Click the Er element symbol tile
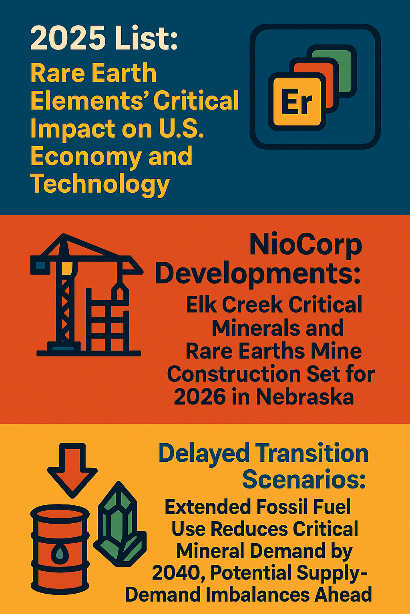[297, 102]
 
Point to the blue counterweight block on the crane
[40, 265]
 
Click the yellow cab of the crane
[67, 267]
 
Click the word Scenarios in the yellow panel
[304, 480]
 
